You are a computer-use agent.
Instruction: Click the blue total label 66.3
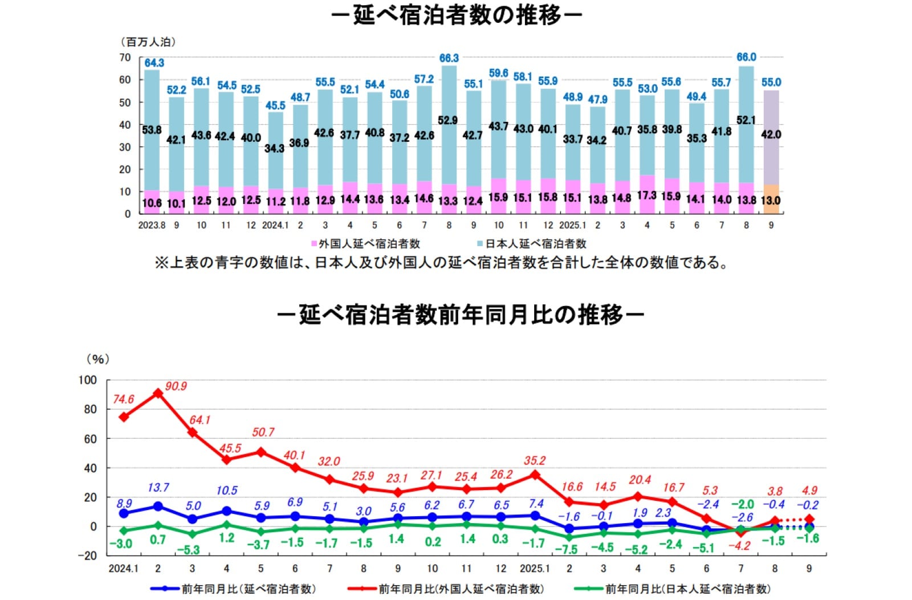[449, 58]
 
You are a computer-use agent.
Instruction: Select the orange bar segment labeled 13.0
[771, 200]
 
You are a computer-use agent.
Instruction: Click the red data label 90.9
[176, 386]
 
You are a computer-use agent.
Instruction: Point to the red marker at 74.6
[124, 417]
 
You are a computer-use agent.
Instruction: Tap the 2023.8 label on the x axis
[152, 225]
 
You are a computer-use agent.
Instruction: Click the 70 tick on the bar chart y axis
[125, 58]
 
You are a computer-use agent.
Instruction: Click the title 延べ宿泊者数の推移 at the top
[457, 15]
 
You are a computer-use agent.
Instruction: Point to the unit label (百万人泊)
[148, 42]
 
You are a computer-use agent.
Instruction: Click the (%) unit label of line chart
[97, 359]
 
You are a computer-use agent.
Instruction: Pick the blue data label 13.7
[158, 488]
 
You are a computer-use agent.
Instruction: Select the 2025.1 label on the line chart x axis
[534, 569]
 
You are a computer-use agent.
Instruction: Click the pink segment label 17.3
[646, 195]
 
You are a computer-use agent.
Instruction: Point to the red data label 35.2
[535, 460]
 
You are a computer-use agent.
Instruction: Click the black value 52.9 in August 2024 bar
[448, 120]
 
